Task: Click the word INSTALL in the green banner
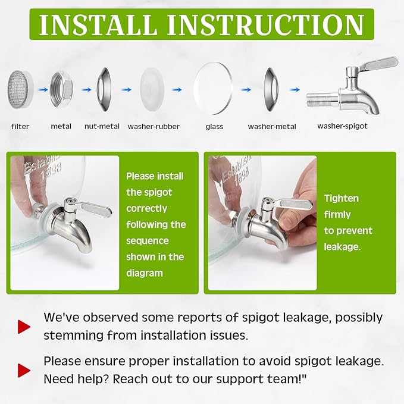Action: pyautogui.click(x=98, y=24)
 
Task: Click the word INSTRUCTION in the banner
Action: pyautogui.click(x=265, y=24)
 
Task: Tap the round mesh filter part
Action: pyautogui.click(x=20, y=89)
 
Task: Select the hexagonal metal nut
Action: pyautogui.click(x=61, y=89)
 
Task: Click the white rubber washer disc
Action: pyautogui.click(x=152, y=89)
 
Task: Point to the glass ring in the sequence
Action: pyautogui.click(x=214, y=89)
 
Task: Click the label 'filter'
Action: pyautogui.click(x=20, y=127)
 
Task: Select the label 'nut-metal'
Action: pyautogui.click(x=102, y=126)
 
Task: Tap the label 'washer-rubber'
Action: pyautogui.click(x=154, y=127)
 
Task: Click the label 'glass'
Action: pyautogui.click(x=214, y=127)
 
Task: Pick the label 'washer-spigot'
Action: pyautogui.click(x=343, y=126)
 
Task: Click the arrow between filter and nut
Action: pyautogui.click(x=43, y=90)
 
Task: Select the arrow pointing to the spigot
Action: pyautogui.click(x=295, y=90)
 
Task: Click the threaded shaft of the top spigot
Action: pyautogui.click(x=322, y=100)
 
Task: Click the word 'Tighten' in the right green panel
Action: pyautogui.click(x=342, y=198)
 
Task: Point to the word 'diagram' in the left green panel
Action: pyautogui.click(x=145, y=273)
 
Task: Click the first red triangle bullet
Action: pyautogui.click(x=24, y=327)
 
